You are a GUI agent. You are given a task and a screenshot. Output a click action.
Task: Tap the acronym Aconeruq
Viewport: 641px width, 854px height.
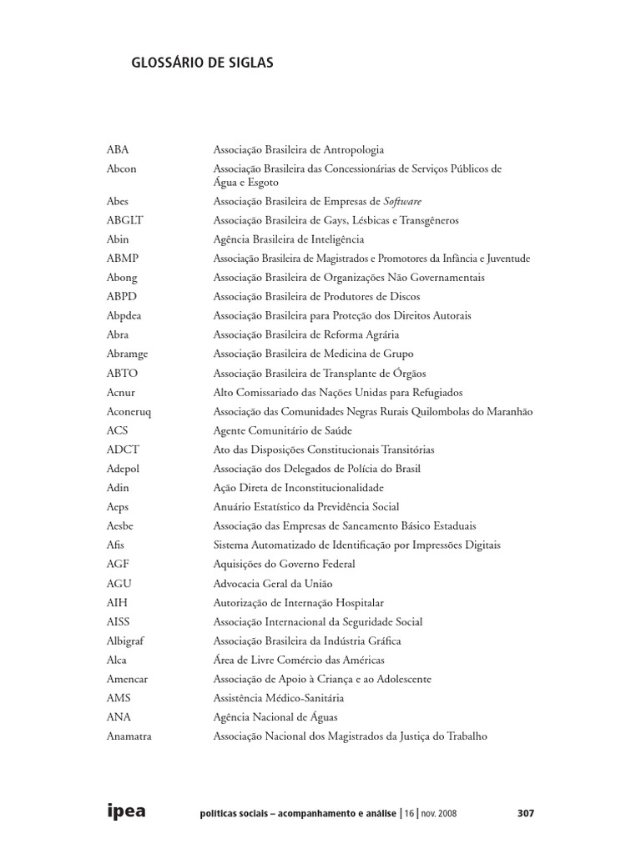point(129,411)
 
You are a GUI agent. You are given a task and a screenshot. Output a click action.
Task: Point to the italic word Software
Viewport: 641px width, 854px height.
point(402,201)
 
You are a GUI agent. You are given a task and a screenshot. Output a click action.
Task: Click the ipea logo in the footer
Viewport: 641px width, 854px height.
point(126,811)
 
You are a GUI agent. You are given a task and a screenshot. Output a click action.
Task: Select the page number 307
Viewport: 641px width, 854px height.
point(524,813)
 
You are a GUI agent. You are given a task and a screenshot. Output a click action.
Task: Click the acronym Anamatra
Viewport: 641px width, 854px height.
point(129,736)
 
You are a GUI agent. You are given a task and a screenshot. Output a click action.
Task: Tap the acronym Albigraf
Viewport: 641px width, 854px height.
point(126,640)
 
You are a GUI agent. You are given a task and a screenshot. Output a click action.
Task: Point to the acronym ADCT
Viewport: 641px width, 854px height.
point(123,450)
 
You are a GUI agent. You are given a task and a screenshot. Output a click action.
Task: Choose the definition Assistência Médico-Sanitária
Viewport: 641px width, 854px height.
point(278,698)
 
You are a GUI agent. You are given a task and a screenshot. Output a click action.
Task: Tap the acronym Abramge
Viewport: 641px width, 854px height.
point(127,354)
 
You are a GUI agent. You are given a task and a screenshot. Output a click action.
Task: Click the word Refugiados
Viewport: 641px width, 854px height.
point(434,392)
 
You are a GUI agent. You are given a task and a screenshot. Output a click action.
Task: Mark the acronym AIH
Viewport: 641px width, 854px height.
point(117,602)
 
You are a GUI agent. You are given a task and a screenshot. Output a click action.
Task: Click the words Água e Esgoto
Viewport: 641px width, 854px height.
point(245,182)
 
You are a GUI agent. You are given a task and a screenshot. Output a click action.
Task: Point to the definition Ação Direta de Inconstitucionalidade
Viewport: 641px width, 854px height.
point(298,488)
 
